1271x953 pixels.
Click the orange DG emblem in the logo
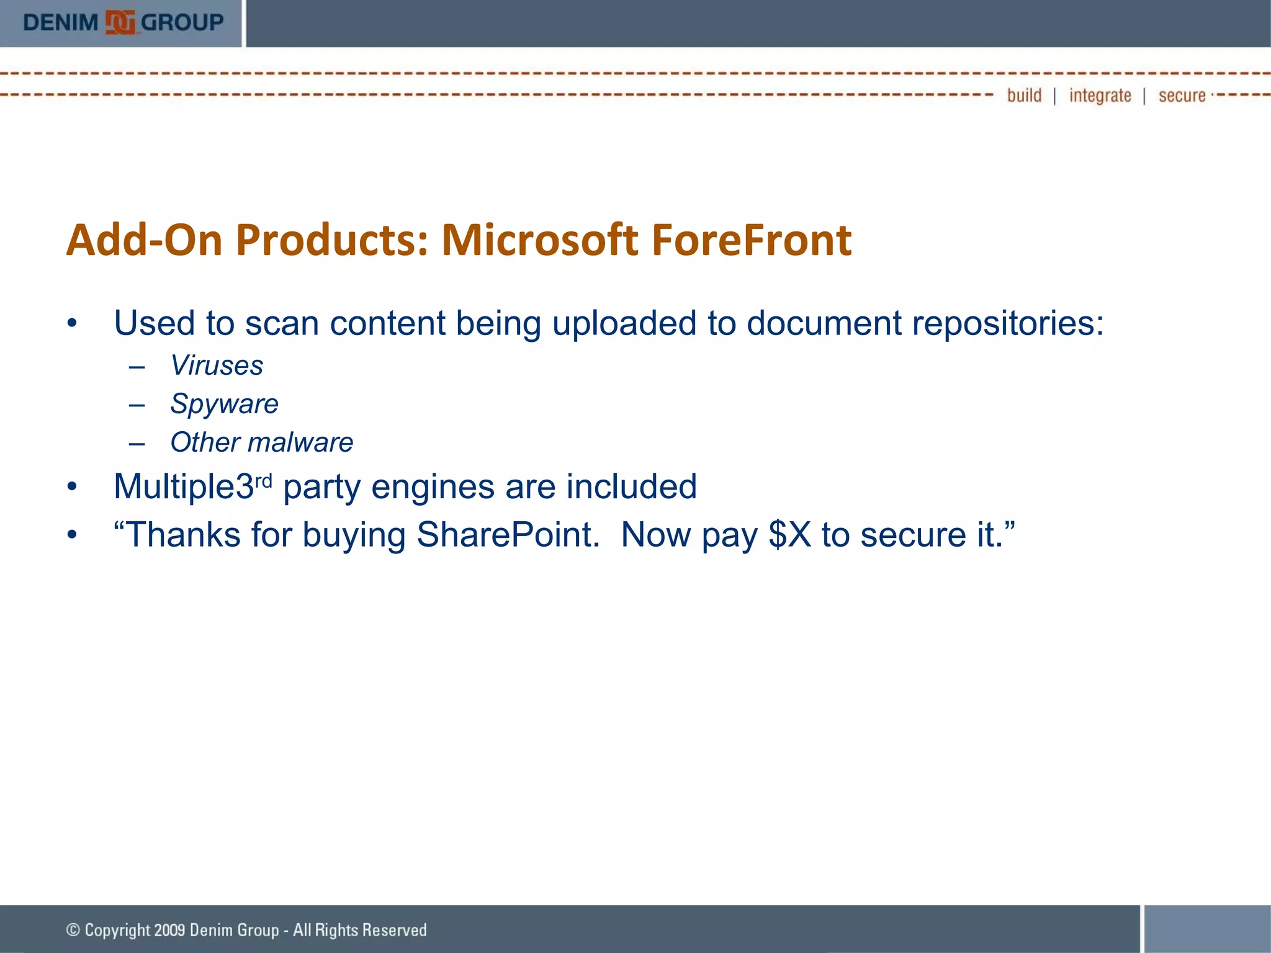[x=120, y=23]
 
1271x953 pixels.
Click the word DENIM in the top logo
[x=60, y=23]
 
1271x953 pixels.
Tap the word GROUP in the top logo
[x=182, y=23]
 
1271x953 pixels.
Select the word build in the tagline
[x=1024, y=96]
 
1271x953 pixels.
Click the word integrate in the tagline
[x=1100, y=96]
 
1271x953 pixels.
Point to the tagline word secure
[x=1182, y=96]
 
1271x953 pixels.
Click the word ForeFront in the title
[x=751, y=240]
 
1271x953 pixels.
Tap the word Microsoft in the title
[x=539, y=240]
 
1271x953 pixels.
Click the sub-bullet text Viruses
[x=217, y=365]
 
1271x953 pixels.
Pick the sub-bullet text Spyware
[x=224, y=405]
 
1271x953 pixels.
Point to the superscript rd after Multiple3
[x=263, y=481]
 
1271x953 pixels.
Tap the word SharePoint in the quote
[x=508, y=535]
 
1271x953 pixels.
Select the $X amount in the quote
[x=789, y=535]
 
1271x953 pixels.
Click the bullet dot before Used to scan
[x=73, y=324]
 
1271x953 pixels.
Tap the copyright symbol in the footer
[x=73, y=929]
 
